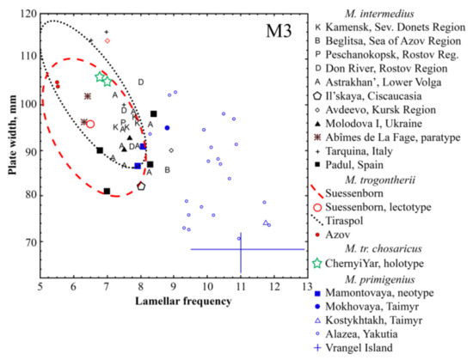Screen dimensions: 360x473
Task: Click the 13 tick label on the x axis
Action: (305, 285)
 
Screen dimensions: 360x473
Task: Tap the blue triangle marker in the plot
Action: (266, 223)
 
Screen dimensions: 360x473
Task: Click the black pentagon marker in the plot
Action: (141, 186)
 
